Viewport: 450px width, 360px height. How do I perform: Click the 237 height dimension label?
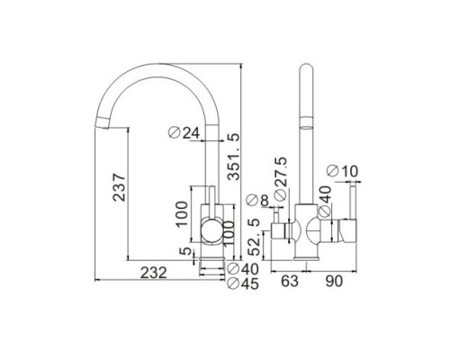119,187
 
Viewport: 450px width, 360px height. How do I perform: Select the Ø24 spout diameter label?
184,132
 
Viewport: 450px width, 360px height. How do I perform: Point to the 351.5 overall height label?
234,157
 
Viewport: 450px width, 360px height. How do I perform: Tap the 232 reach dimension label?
154,273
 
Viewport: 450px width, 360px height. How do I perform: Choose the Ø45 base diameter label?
243,283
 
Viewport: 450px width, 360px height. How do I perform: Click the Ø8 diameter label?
256,201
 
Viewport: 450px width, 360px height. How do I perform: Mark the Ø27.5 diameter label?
281,179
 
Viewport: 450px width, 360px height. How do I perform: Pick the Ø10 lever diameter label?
342,171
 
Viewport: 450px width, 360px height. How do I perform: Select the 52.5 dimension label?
255,237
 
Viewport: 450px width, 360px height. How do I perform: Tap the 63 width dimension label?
290,281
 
